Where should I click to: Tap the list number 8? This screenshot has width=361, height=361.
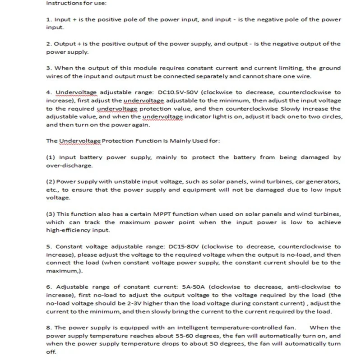49,328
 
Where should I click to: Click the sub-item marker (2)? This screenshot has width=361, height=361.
51,181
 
